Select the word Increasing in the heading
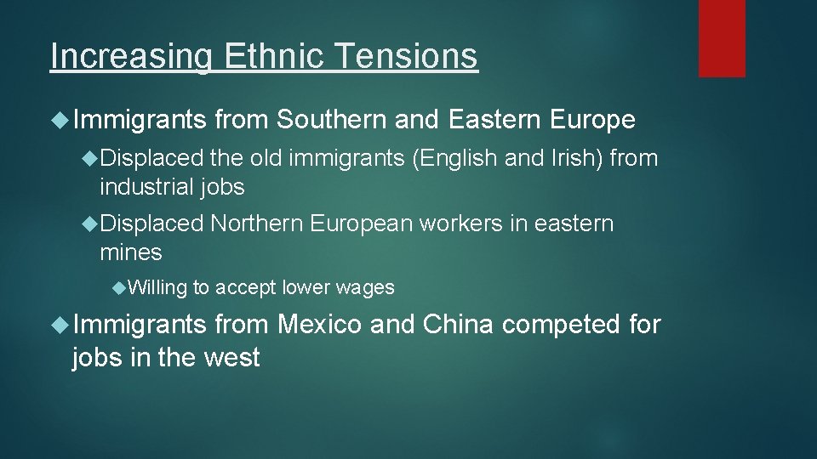pyautogui.click(x=133, y=57)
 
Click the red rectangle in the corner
pyautogui.click(x=722, y=38)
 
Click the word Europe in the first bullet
pyautogui.click(x=592, y=121)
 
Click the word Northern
pyautogui.click(x=256, y=224)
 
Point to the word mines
pyautogui.click(x=130, y=252)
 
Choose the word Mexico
pyautogui.click(x=320, y=325)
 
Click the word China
pyautogui.click(x=457, y=325)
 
